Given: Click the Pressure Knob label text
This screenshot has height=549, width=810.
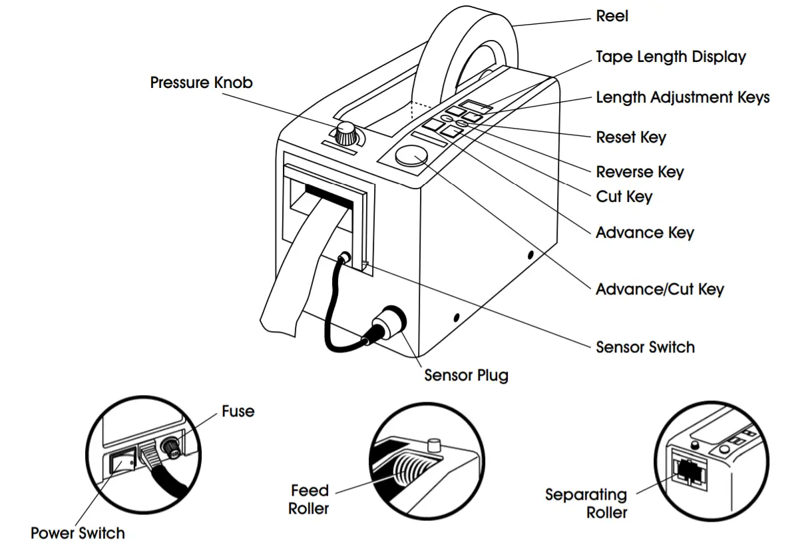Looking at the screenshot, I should pos(201,83).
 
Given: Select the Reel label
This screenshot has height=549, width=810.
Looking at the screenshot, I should pos(612,16).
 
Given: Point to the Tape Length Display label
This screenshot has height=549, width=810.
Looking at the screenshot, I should pos(670,57).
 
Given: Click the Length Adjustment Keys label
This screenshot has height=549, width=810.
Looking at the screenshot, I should pos(682,98).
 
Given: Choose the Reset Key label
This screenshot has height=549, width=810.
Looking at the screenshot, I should pos(630,138).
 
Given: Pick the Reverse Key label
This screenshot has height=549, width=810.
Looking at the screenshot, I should pos(640,172).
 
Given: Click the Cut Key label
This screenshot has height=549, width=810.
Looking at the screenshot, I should pos(624,197).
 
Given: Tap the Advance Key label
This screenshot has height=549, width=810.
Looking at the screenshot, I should pos(644,233).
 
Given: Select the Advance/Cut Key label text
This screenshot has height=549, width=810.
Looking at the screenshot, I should pos(659,290).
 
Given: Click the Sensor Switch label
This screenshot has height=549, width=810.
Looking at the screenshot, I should pos(644,347).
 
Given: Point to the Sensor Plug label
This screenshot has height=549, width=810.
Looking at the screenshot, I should pos(466,376).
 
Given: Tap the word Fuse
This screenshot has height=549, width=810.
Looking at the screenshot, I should pos(238,411).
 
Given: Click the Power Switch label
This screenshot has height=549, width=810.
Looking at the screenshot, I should pos(77,533).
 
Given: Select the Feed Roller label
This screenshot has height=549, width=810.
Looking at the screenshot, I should pos(309,500).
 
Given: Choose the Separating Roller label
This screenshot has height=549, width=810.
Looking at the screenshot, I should pos(586,504).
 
